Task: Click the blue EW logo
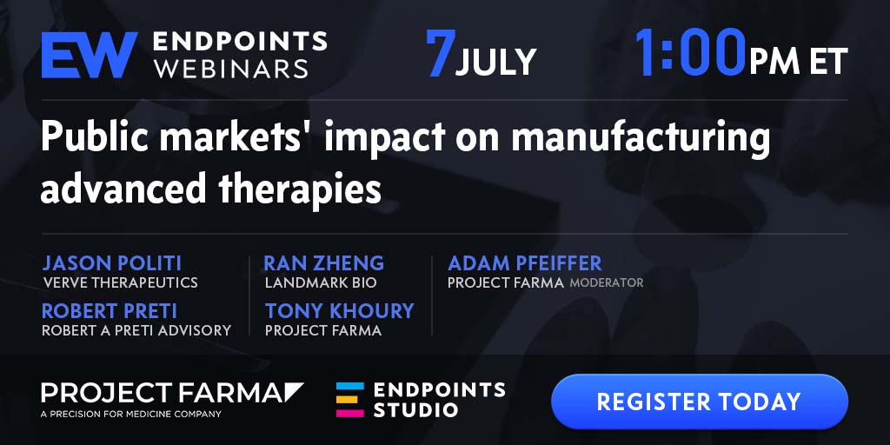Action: coord(90,55)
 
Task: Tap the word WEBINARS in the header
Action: coord(231,70)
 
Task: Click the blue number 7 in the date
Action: coord(441,53)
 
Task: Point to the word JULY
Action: coord(495,62)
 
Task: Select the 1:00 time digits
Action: coord(689,53)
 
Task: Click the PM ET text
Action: coord(798,62)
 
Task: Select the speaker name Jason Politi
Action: coord(112,263)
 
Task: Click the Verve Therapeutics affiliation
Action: coord(120,282)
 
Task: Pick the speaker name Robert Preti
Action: coord(110,311)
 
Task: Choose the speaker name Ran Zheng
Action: coord(324,263)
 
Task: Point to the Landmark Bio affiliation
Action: coord(321,282)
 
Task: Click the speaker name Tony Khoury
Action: coord(340,311)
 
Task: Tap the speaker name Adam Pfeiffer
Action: coord(525,263)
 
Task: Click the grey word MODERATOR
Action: coord(607,282)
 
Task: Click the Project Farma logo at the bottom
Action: coord(172,393)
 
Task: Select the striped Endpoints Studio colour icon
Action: coord(349,400)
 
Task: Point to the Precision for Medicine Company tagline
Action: coord(131,415)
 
